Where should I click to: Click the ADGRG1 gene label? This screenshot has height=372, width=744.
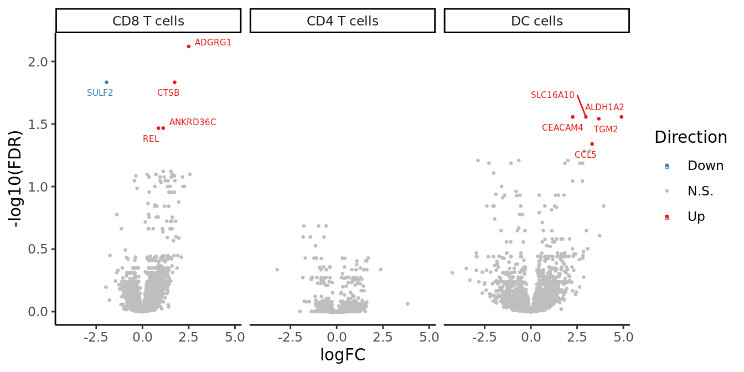(213, 43)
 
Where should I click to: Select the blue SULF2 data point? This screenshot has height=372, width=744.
(106, 82)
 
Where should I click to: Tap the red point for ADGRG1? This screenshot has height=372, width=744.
(189, 46)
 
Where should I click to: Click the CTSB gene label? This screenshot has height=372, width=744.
(168, 93)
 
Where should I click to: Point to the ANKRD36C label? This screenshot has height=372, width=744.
(193, 122)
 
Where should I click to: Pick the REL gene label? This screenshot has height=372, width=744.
(151, 139)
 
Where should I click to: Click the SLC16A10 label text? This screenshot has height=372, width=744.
(552, 95)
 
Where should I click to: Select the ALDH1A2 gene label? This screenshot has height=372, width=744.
(604, 107)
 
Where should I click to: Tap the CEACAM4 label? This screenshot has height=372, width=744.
(562, 128)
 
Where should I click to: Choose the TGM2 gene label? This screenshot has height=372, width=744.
(606, 130)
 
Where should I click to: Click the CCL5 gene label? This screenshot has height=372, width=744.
(585, 155)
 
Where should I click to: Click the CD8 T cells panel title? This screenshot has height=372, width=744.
(148, 21)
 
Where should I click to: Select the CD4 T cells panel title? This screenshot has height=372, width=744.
(343, 21)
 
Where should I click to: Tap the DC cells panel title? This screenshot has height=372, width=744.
(536, 21)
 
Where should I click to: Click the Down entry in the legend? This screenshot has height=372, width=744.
(705, 166)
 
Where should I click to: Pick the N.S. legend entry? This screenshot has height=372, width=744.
(700, 192)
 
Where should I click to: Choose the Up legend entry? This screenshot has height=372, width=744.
(696, 217)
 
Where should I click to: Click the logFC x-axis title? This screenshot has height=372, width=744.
(343, 355)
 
